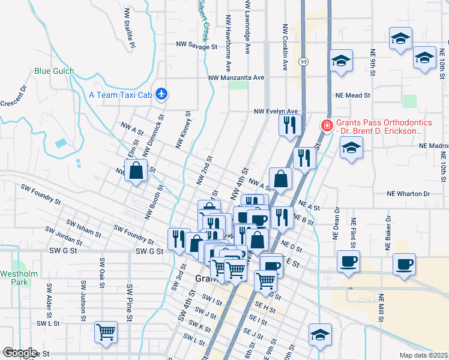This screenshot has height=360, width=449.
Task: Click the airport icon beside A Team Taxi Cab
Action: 161,94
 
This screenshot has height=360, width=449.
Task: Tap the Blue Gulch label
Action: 54,71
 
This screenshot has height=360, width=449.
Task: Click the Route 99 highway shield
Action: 304,62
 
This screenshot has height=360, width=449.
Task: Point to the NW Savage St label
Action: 196,46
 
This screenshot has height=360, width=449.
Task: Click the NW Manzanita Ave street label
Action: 236,78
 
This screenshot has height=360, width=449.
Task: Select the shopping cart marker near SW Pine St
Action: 106,332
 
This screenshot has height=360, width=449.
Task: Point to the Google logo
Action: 20,353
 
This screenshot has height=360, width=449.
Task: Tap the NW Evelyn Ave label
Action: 276,111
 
